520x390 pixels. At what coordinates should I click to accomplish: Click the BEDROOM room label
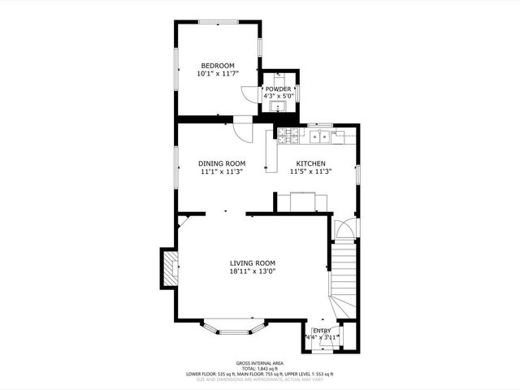(x=218, y=66)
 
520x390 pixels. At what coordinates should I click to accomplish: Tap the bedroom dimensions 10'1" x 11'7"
(x=218, y=74)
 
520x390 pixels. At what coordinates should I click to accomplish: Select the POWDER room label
(x=278, y=89)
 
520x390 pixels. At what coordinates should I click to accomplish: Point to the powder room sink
(x=281, y=105)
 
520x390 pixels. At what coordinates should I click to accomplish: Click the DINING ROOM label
(x=222, y=162)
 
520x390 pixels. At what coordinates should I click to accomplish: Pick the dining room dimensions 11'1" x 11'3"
(x=222, y=171)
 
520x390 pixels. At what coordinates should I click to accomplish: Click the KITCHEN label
(x=310, y=162)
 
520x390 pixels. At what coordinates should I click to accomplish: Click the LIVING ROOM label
(x=252, y=262)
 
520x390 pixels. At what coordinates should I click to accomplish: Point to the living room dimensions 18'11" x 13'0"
(x=252, y=271)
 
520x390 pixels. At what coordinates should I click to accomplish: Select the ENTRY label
(x=322, y=331)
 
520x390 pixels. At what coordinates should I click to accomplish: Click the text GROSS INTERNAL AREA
(x=259, y=363)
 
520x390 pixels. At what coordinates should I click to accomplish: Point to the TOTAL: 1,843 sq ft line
(x=259, y=369)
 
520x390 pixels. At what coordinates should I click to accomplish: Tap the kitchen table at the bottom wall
(x=304, y=200)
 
